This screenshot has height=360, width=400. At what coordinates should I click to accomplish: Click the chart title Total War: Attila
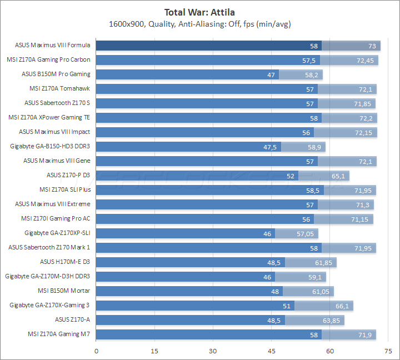[200, 12]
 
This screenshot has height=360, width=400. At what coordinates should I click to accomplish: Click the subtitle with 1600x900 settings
[200, 24]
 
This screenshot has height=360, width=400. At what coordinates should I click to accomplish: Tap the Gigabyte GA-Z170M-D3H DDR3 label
[48, 276]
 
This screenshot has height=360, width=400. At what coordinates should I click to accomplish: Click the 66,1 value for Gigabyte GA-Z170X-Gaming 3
[343, 306]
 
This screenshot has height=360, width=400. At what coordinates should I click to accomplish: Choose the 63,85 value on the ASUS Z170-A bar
[332, 320]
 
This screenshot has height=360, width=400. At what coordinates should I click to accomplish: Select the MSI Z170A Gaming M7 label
[59, 334]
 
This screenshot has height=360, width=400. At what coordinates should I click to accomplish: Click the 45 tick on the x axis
[272, 351]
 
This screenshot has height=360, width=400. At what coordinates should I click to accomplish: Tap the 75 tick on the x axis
[388, 351]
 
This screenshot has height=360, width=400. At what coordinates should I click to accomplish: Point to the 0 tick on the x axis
[97, 351]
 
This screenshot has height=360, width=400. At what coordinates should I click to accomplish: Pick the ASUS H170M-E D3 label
[65, 262]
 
